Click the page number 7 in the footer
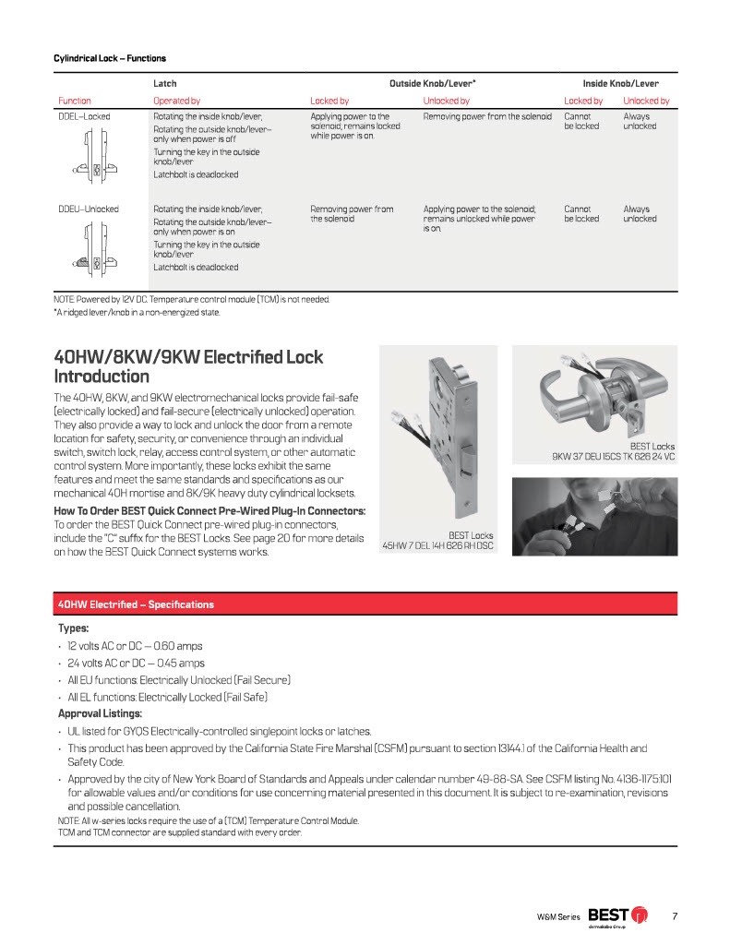tap(675, 915)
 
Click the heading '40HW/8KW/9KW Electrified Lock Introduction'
tap(188, 366)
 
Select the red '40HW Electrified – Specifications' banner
tap(366, 604)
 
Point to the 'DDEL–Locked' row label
tap(84, 117)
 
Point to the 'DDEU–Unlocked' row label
tap(89, 209)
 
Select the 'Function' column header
tap(75, 101)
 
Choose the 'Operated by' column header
tap(176, 101)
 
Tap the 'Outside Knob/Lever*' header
tap(432, 83)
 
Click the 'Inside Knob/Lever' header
tap(620, 83)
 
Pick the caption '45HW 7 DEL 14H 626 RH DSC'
tap(437, 545)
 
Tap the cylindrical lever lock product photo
tap(593, 392)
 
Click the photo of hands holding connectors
tap(594, 520)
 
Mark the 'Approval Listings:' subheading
tap(100, 713)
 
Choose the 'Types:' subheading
tap(74, 628)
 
